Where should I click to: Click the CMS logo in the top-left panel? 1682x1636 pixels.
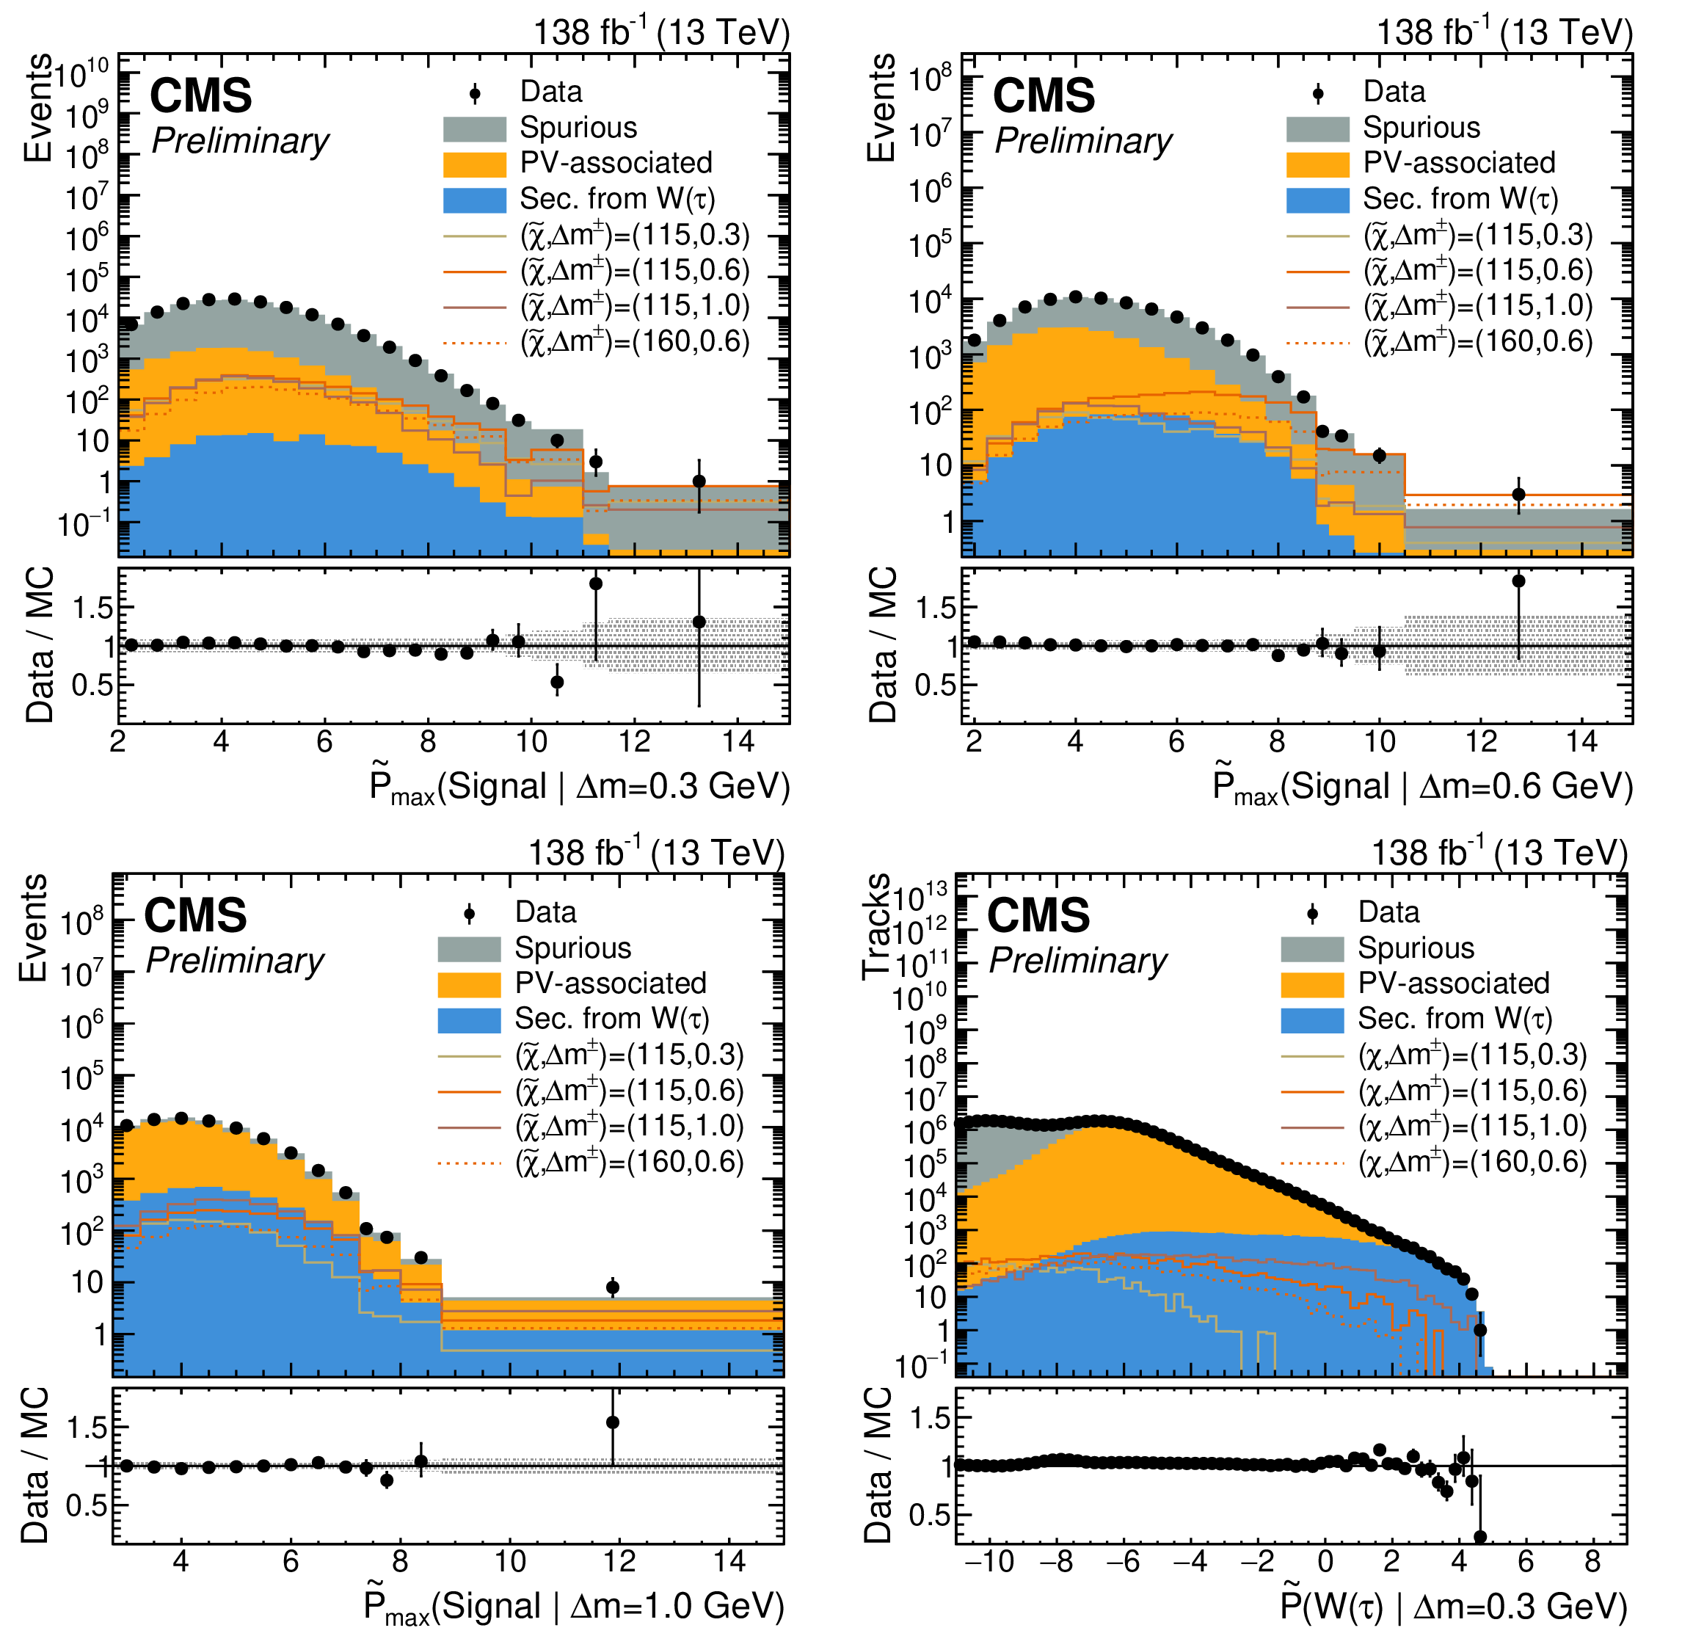pyautogui.click(x=201, y=95)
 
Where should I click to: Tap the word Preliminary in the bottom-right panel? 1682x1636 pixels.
pyautogui.click(x=1078, y=960)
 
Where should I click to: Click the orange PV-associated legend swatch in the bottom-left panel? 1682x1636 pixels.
pyautogui.click(x=469, y=984)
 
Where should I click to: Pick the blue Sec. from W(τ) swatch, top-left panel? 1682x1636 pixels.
pyautogui.click(x=474, y=200)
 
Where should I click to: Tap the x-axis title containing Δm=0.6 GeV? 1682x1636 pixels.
pyautogui.click(x=1422, y=787)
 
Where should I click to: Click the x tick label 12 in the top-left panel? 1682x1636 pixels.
pyautogui.click(x=635, y=741)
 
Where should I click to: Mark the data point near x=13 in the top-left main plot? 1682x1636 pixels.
pyautogui.click(x=699, y=481)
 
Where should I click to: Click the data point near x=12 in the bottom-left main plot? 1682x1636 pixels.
pyautogui.click(x=613, y=1287)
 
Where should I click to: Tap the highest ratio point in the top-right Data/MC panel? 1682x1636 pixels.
pyautogui.click(x=1519, y=581)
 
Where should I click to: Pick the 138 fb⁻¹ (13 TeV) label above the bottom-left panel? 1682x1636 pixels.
pyautogui.click(x=656, y=853)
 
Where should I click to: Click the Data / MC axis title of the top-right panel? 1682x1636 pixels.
pyautogui.click(x=883, y=644)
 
